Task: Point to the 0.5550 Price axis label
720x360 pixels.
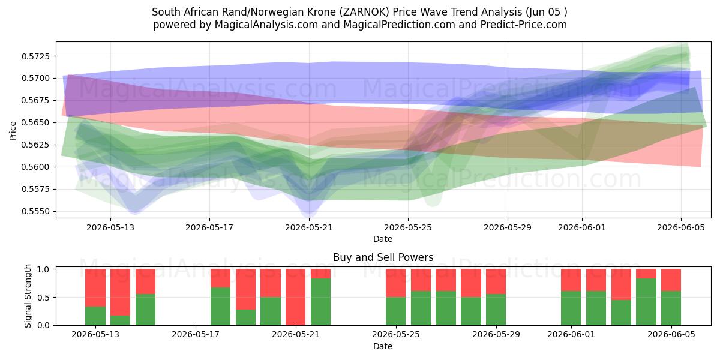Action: (35, 211)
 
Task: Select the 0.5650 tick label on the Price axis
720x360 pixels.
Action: (35, 123)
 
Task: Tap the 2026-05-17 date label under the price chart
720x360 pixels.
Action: (209, 227)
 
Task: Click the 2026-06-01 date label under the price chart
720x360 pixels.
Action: (582, 227)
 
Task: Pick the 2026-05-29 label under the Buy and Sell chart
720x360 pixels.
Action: (496, 334)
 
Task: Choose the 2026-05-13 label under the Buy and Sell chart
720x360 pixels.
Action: (95, 334)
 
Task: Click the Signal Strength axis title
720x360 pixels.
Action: (28, 296)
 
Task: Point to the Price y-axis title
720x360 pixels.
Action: (13, 131)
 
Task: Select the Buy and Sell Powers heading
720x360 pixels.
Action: (383, 257)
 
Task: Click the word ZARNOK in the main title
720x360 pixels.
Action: (362, 12)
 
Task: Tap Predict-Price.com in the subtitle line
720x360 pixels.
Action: (524, 25)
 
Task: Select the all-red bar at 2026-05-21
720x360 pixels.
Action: (295, 297)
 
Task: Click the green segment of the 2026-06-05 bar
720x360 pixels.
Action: (671, 308)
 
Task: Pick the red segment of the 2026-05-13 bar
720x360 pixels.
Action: (95, 288)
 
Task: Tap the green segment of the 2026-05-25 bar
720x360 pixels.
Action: (395, 311)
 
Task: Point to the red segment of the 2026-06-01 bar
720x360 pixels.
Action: (571, 280)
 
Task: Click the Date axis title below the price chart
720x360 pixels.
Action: (383, 239)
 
